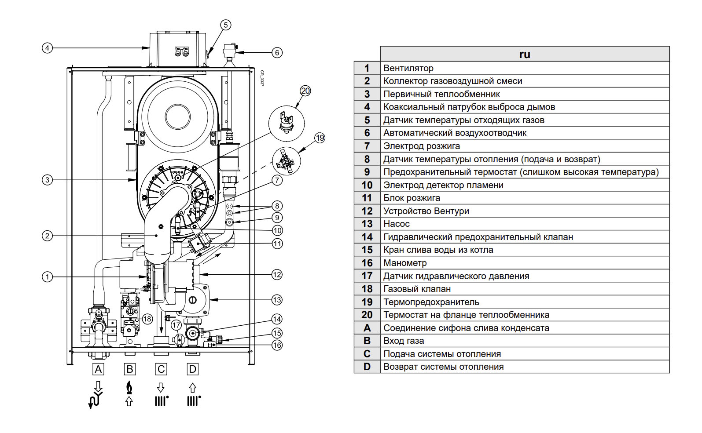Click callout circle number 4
pyautogui.click(x=47, y=47)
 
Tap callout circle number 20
pyautogui.click(x=305, y=91)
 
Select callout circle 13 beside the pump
pyautogui.click(x=276, y=300)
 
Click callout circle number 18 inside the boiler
pyautogui.click(x=147, y=319)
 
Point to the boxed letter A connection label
pyautogui.click(x=99, y=369)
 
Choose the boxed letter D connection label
pyautogui.click(x=192, y=369)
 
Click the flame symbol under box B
pyautogui.click(x=129, y=387)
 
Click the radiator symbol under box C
pyautogui.click(x=161, y=400)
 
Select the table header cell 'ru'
pyautogui.click(x=524, y=54)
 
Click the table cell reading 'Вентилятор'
pyautogui.click(x=408, y=68)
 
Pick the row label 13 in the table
pyautogui.click(x=367, y=224)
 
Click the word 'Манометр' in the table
pyautogui.click(x=404, y=263)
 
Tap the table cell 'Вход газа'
pyautogui.click(x=403, y=341)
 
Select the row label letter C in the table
pyautogui.click(x=367, y=354)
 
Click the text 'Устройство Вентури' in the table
pyautogui.click(x=426, y=211)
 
